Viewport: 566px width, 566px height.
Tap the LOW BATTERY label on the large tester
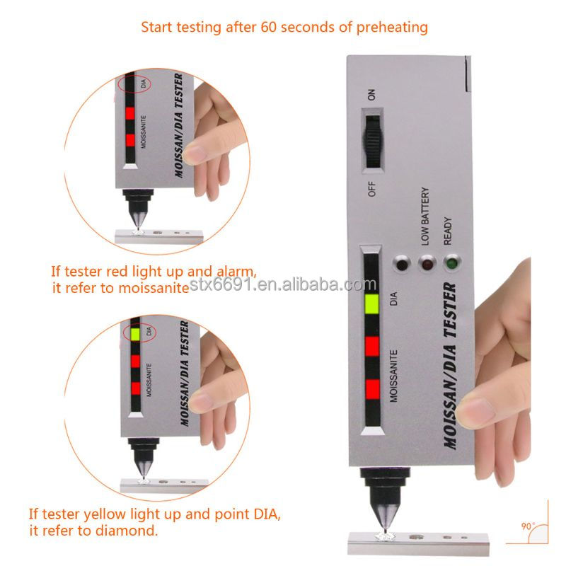tap(425, 216)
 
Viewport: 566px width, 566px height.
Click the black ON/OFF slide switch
tap(373, 142)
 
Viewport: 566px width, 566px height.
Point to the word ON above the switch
tap(371, 95)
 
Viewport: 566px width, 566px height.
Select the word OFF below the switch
tap(371, 189)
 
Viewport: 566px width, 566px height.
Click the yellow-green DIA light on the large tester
tap(372, 304)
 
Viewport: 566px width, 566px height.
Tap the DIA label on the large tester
tap(393, 299)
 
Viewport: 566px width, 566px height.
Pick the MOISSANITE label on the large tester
tap(393, 376)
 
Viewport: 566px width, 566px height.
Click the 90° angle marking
tap(528, 526)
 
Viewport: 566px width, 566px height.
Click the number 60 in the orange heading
tap(269, 27)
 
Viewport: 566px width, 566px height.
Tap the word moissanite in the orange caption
tap(154, 288)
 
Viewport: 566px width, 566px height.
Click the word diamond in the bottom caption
tap(127, 531)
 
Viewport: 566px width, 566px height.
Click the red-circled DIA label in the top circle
tap(144, 83)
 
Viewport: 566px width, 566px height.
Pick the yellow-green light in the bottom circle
tap(135, 334)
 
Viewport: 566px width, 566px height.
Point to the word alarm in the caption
tap(236, 272)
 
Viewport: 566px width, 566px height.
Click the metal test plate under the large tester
tap(418, 543)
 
